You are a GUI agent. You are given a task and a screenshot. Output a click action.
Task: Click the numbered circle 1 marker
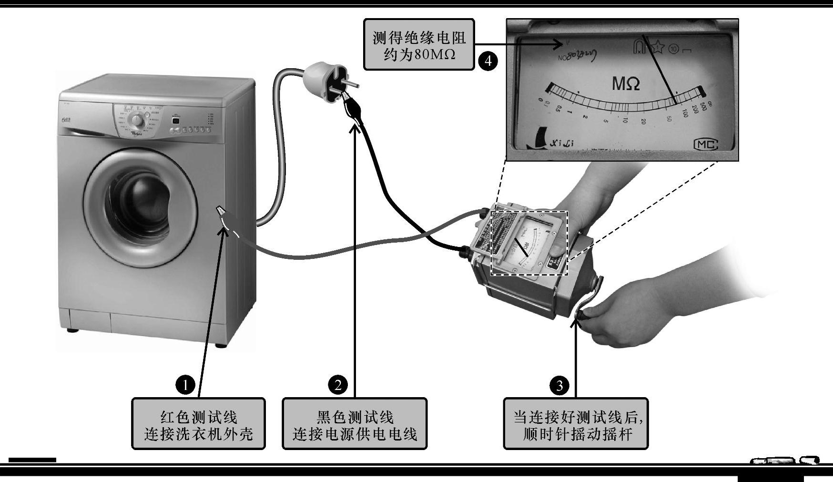[x=185, y=384]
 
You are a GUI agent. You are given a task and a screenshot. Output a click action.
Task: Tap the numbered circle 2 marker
[x=338, y=384]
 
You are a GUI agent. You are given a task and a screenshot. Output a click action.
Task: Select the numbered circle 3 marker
[x=559, y=385]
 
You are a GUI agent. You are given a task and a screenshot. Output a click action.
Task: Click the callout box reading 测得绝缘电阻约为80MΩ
[x=419, y=45]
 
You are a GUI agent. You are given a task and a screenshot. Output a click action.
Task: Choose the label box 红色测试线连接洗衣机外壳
[x=198, y=424]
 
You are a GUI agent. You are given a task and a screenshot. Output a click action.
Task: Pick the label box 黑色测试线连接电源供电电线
[x=355, y=424]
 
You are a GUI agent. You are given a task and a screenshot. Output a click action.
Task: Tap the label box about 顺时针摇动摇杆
[x=576, y=424]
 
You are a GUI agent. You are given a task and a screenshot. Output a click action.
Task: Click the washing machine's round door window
[x=141, y=201]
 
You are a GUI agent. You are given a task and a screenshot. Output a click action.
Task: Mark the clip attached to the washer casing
[x=222, y=211]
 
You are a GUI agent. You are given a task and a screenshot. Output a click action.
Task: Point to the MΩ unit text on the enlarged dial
[x=626, y=84]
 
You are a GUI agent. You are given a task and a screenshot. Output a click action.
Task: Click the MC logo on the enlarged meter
[x=706, y=144]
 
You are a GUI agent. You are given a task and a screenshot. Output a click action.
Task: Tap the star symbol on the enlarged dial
[x=658, y=47]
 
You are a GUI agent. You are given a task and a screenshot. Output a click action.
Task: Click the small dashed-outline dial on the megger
[x=529, y=243]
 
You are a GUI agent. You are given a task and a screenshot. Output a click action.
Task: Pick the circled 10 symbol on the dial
[x=673, y=49]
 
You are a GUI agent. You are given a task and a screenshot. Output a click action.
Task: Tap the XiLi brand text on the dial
[x=562, y=143]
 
